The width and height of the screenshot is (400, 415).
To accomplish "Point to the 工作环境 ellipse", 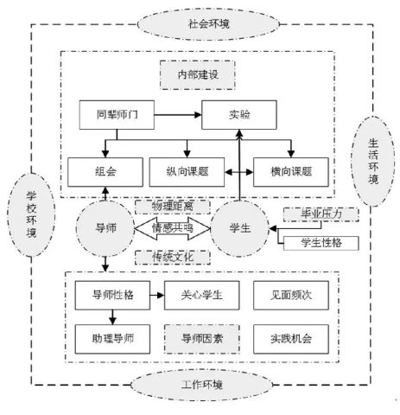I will click(x=199, y=383).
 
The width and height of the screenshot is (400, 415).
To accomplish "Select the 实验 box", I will click(x=239, y=114).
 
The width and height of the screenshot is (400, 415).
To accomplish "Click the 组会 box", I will click(x=105, y=171).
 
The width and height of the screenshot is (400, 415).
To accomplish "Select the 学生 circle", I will click(x=238, y=228).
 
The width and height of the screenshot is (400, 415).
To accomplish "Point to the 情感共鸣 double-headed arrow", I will click(x=172, y=229).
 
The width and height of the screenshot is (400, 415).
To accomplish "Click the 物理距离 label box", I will click(x=172, y=207).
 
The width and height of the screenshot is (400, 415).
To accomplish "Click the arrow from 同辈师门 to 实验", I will click(x=174, y=114).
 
